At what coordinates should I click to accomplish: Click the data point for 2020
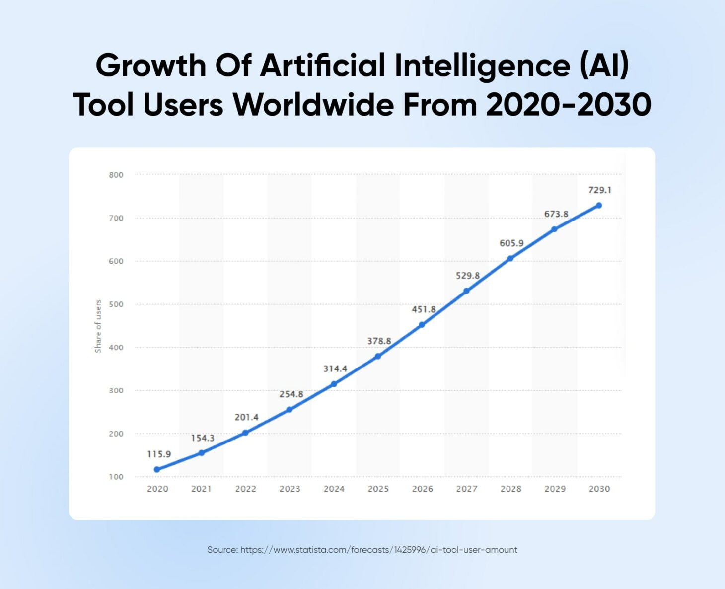[157, 469]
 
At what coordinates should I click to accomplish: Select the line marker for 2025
[378, 356]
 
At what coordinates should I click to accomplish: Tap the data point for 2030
[599, 205]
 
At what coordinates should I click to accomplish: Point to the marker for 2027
[466, 291]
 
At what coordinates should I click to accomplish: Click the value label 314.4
[335, 368]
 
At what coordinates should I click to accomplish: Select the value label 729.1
[600, 190]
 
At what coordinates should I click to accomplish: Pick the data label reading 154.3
[203, 438]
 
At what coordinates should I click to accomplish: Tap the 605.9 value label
[511, 243]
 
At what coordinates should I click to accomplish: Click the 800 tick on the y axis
[116, 175]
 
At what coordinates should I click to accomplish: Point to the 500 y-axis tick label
[116, 304]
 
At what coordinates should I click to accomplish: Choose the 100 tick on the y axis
[116, 477]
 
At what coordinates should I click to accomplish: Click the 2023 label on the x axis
[290, 489]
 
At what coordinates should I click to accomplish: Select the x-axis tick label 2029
[555, 489]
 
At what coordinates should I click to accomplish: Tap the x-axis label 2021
[202, 489]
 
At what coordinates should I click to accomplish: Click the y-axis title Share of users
[98, 326]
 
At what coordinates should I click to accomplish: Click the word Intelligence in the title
[482, 66]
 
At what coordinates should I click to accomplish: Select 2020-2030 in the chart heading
[569, 105]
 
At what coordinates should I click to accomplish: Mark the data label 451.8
[424, 309]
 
